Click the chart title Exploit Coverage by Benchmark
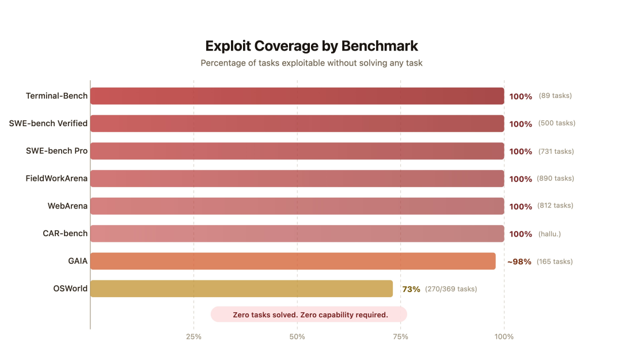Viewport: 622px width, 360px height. click(312, 46)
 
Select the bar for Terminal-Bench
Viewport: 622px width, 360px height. click(297, 96)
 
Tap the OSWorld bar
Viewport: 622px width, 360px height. click(241, 289)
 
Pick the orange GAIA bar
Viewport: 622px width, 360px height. click(293, 261)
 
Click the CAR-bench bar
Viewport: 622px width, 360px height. click(297, 233)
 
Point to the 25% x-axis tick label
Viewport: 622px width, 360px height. click(194, 336)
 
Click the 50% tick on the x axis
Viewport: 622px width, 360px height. click(297, 336)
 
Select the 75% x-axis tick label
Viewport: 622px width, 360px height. click(400, 336)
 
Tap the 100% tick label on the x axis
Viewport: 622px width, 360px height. click(504, 336)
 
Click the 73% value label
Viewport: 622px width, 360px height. click(411, 289)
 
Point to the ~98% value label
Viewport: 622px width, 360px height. click(519, 262)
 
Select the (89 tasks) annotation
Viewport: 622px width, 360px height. click(555, 96)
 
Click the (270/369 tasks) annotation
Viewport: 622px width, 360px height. click(451, 289)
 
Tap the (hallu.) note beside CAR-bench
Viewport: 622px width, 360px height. click(549, 234)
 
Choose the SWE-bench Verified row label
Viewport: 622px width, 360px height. click(48, 123)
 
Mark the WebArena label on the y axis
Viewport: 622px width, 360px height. click(67, 206)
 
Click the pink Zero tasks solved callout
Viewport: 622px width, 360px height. click(310, 314)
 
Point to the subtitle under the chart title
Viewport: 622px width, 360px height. click(312, 63)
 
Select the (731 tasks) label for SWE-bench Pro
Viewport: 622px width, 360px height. click(556, 151)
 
